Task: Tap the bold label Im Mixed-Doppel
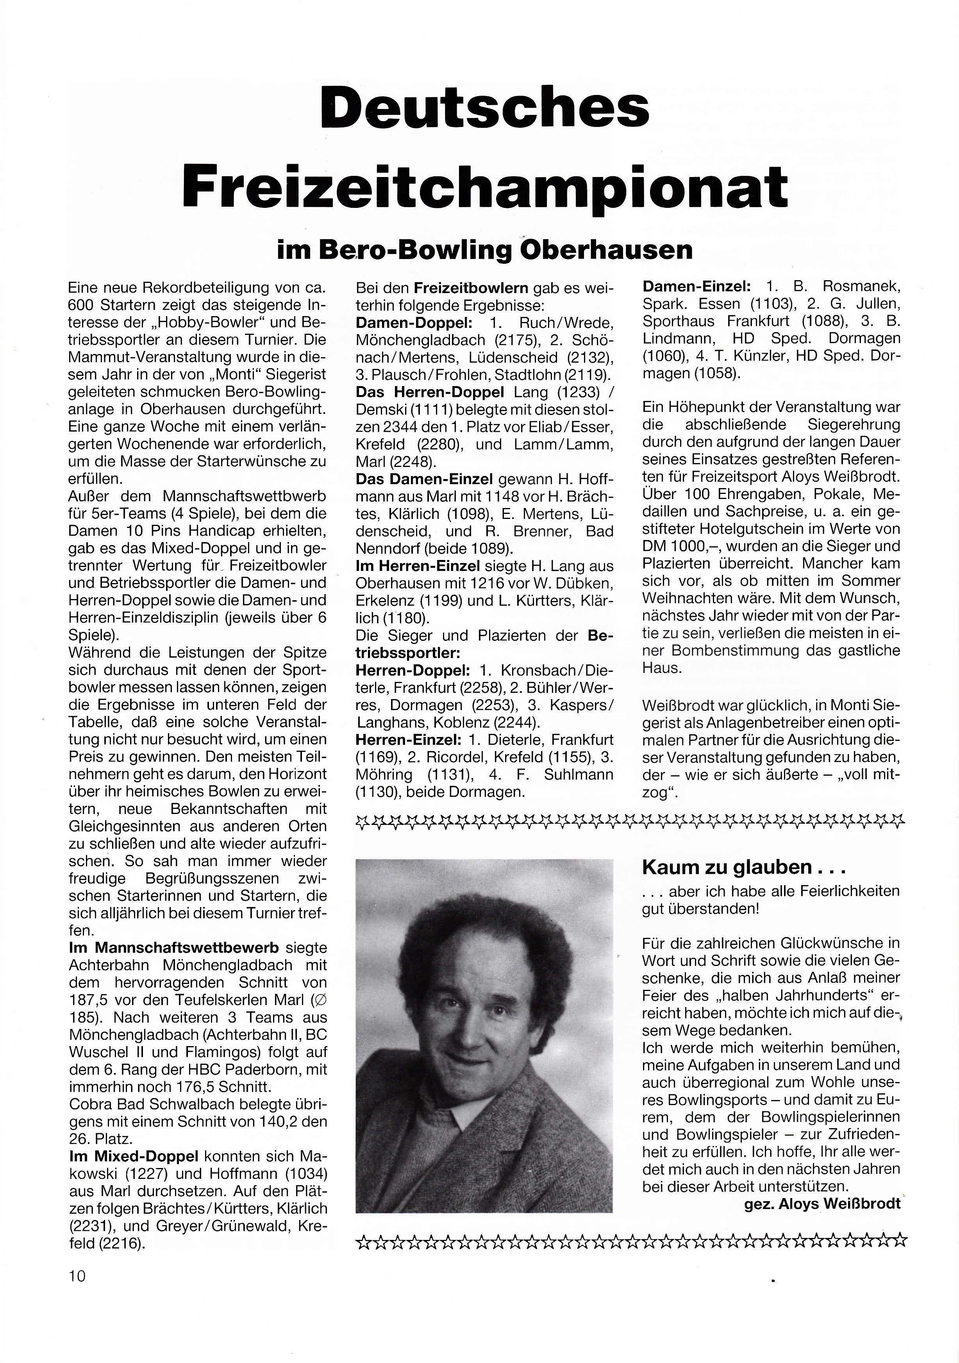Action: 134,1156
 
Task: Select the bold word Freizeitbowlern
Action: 471,288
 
